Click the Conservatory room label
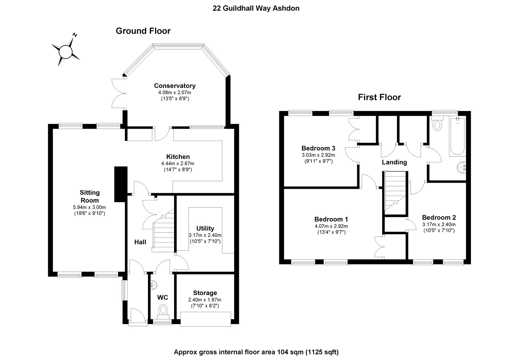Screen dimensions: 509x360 pos(174,86)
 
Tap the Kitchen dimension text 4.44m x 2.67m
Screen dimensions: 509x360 pos(177,163)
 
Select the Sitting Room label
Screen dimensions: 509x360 pos(90,196)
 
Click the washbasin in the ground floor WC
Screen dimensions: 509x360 pos(153,284)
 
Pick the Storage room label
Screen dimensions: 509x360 pos(205,293)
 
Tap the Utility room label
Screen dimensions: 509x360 pos(205,228)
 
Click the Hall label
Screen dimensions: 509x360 pos(140,242)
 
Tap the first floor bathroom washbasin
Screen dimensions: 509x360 pos(462,167)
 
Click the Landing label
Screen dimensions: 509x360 pos(394,162)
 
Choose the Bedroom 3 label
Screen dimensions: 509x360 pos(318,148)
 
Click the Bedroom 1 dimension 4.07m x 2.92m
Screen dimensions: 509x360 pos(331,226)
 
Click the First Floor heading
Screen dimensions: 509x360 pos(379,97)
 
